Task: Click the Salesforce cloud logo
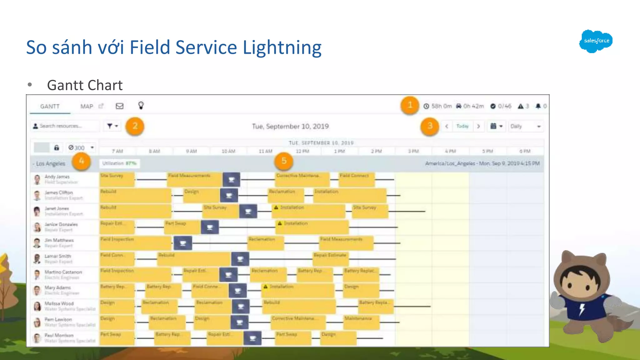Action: (596, 41)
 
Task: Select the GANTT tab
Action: (50, 107)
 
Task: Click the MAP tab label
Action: (87, 107)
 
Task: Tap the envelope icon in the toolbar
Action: (120, 106)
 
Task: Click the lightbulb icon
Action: (141, 106)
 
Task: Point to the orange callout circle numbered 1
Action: (410, 105)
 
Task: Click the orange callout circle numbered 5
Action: (284, 161)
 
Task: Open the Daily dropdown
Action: (526, 126)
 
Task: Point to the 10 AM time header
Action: (228, 151)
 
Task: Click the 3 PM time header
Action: (413, 151)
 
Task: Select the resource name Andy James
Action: (57, 177)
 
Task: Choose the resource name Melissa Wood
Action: (59, 303)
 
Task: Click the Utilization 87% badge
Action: (119, 163)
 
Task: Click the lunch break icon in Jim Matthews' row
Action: (183, 243)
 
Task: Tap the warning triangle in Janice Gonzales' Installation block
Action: (280, 223)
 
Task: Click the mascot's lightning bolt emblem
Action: (582, 309)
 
